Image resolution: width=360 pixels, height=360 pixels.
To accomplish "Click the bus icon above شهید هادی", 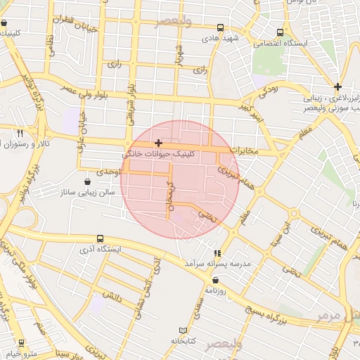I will (x=221, y=28).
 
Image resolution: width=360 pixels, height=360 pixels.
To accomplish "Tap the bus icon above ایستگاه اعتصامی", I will (x=281, y=32).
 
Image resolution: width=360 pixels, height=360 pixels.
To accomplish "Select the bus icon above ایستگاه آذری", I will (x=101, y=239).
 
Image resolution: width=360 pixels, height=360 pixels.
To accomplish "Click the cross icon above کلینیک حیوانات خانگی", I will (x=158, y=143).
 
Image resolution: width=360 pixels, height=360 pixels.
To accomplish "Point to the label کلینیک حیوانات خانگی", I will (x=160, y=153).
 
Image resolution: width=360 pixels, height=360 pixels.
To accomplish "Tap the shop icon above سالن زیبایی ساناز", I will (x=87, y=180).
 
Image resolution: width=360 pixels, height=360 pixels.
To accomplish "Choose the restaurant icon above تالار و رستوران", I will (x=20, y=133).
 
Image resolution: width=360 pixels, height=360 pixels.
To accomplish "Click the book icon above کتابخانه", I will (x=184, y=330).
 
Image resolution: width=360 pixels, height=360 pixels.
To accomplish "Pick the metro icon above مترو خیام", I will (x=20, y=343).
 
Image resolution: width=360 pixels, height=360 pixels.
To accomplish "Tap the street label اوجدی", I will (x=111, y=172).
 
